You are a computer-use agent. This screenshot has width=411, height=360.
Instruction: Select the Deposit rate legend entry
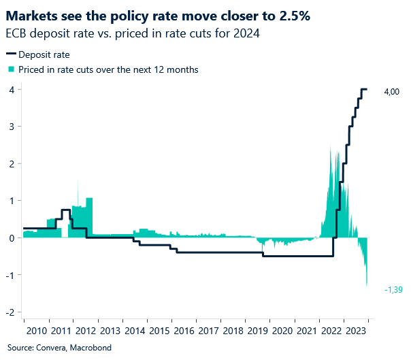44,54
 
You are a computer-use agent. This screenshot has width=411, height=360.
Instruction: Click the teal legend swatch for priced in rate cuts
10,69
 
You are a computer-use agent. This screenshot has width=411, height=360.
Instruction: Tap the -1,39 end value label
393,289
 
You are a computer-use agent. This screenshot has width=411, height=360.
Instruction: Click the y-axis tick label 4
12,89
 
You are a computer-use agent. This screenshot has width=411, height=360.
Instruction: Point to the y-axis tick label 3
12,127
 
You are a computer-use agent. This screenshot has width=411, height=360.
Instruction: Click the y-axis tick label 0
12,238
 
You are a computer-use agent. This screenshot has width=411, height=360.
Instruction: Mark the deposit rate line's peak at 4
364,89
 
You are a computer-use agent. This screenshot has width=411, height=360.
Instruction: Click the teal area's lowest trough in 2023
367,285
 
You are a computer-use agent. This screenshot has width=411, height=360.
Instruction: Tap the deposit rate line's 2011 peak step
65,210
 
